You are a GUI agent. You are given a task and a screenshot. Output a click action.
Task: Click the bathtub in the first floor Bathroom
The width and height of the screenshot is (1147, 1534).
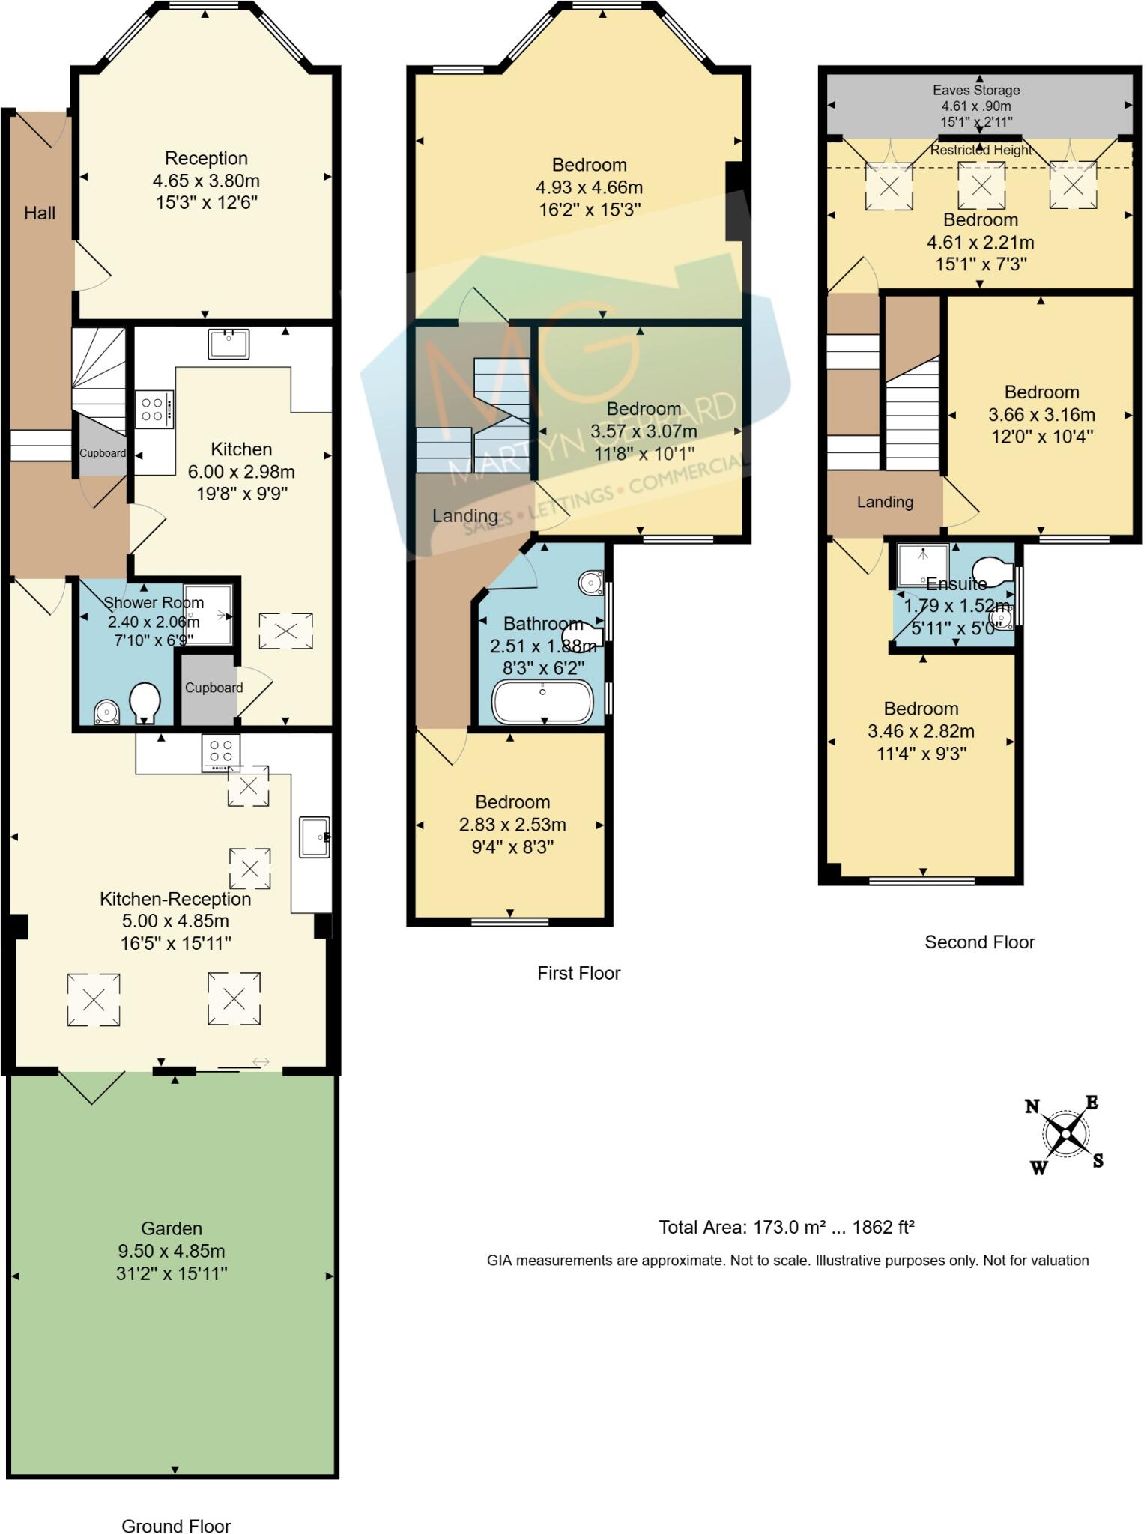[542, 703]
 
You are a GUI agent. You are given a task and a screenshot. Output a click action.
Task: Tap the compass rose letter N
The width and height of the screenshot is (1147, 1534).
[1032, 1106]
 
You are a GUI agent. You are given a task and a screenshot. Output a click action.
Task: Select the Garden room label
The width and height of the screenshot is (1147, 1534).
[172, 1228]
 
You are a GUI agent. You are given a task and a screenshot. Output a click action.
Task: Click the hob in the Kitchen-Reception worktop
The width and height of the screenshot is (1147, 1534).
[221, 752]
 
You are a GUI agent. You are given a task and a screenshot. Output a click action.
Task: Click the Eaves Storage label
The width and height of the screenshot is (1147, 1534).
[976, 90]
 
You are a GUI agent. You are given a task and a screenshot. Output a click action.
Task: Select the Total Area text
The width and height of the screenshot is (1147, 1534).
[786, 1227]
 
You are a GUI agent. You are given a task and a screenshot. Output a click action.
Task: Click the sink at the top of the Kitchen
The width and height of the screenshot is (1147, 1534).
[229, 343]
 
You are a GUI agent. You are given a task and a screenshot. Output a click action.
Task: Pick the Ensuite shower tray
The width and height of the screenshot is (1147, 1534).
[923, 563]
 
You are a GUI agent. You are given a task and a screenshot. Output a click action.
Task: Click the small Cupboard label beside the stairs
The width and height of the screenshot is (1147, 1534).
[103, 453]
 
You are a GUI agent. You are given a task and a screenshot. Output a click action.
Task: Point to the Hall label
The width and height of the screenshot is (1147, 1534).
[40, 213]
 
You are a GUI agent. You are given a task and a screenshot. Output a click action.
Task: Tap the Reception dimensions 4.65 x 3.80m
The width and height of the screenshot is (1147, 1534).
[206, 181]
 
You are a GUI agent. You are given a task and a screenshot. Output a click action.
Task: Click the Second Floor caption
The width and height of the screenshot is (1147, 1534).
[979, 942]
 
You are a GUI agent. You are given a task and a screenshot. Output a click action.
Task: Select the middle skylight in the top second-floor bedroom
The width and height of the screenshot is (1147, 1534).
[981, 184]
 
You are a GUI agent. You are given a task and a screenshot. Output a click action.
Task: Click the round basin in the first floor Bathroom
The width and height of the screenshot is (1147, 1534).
[591, 582]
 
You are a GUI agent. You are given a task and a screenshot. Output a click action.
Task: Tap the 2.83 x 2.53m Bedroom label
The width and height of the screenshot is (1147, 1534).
[512, 825]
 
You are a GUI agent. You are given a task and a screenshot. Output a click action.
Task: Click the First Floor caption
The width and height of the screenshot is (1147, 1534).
[578, 973]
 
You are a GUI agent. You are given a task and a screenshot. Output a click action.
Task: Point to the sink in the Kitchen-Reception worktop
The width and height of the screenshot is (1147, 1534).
[313, 836]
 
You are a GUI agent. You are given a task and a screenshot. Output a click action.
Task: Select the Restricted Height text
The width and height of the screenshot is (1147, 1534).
[981, 150]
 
